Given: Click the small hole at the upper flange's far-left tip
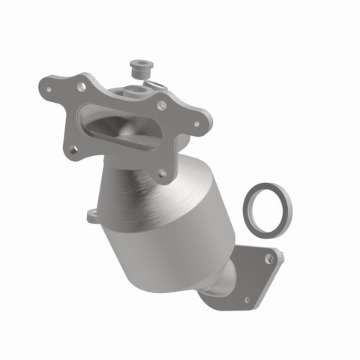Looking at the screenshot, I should tap(50, 88).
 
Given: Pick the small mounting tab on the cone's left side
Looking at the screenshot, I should tap(93, 215).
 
